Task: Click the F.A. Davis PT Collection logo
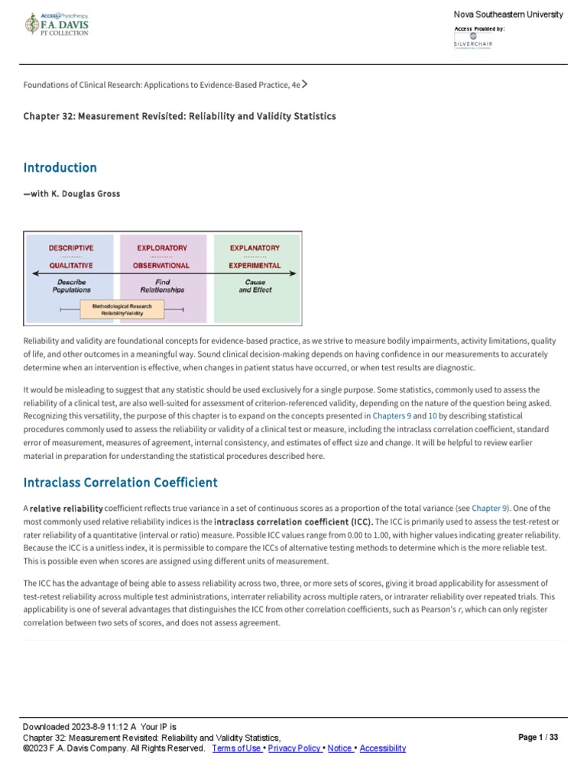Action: pyautogui.click(x=57, y=25)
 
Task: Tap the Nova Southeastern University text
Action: pyautogui.click(x=508, y=15)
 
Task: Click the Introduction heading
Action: pyautogui.click(x=60, y=167)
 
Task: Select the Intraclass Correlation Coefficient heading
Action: pyautogui.click(x=121, y=483)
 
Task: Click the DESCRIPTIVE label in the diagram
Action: pyautogui.click(x=71, y=248)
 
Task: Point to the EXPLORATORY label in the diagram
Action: pyautogui.click(x=161, y=248)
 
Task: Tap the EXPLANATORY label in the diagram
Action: pyautogui.click(x=255, y=248)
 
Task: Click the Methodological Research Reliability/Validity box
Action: pyautogui.click(x=122, y=309)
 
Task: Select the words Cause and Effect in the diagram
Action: pyautogui.click(x=255, y=286)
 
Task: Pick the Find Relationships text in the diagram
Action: pyautogui.click(x=162, y=286)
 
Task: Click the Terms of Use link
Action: pyautogui.click(x=236, y=748)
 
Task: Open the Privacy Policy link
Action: pyautogui.click(x=294, y=748)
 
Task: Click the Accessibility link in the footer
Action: pyautogui.click(x=382, y=748)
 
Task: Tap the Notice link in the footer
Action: pyautogui.click(x=339, y=748)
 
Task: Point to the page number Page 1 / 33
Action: pyautogui.click(x=538, y=738)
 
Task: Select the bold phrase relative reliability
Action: pyautogui.click(x=66, y=508)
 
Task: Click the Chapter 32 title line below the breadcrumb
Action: pyautogui.click(x=180, y=116)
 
